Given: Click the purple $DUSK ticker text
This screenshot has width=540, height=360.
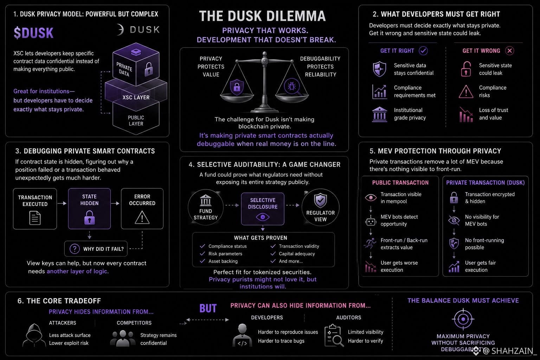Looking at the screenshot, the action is coord(33,33).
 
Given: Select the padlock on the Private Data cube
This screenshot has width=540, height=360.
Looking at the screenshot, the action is coord(148,69).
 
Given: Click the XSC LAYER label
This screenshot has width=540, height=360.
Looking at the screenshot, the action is coord(136,97).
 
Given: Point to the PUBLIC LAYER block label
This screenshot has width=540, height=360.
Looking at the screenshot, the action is coord(136,121).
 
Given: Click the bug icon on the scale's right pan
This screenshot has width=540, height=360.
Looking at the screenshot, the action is coord(292,86).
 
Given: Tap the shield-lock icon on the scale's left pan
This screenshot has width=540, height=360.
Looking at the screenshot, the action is coord(237,87).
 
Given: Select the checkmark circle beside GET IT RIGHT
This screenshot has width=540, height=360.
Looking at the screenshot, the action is coord(423,51).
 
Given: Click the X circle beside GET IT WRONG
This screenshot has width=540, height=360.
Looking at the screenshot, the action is coord(510,51).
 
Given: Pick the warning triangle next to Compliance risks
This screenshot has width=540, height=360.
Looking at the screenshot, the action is coord(466,92).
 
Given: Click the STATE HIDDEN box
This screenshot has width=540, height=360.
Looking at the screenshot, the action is coord(89,208).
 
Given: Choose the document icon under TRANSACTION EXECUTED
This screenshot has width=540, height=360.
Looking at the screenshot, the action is coord(35,218).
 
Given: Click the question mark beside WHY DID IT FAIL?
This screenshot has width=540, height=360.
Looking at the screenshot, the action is coord(75,249).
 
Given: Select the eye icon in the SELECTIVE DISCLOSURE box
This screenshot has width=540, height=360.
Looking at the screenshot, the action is coord(263,217).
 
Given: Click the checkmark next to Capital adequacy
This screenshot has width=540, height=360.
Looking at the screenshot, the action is coord(273,253).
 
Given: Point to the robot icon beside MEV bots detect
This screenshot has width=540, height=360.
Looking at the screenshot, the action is coord(371,221).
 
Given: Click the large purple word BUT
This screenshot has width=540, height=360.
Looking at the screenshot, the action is coord(208,308).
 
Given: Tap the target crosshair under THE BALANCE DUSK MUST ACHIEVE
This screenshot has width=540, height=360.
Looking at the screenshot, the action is coord(463,319).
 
